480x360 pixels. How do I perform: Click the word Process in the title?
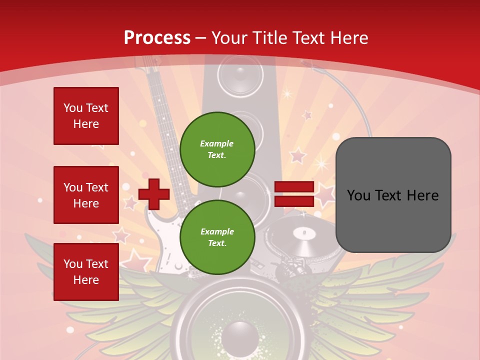(x=157, y=37)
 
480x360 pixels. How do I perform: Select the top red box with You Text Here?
(x=86, y=116)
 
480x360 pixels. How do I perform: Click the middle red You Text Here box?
(x=86, y=195)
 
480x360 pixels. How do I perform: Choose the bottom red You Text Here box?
(x=86, y=271)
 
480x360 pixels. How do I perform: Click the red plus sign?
(x=154, y=194)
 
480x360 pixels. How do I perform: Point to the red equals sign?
(x=294, y=194)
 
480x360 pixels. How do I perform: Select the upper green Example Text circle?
(x=217, y=149)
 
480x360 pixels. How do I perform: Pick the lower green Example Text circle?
(x=217, y=237)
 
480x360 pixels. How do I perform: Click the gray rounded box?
(x=393, y=195)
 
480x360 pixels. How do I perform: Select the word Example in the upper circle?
(x=217, y=143)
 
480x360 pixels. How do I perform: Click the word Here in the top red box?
(x=86, y=124)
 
